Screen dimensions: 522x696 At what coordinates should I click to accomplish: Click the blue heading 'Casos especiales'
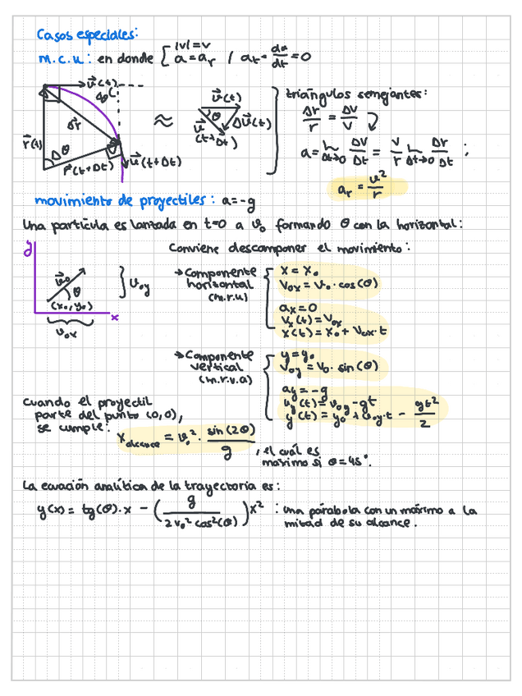[87, 35]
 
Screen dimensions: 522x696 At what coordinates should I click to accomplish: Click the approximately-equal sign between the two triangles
[164, 121]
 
